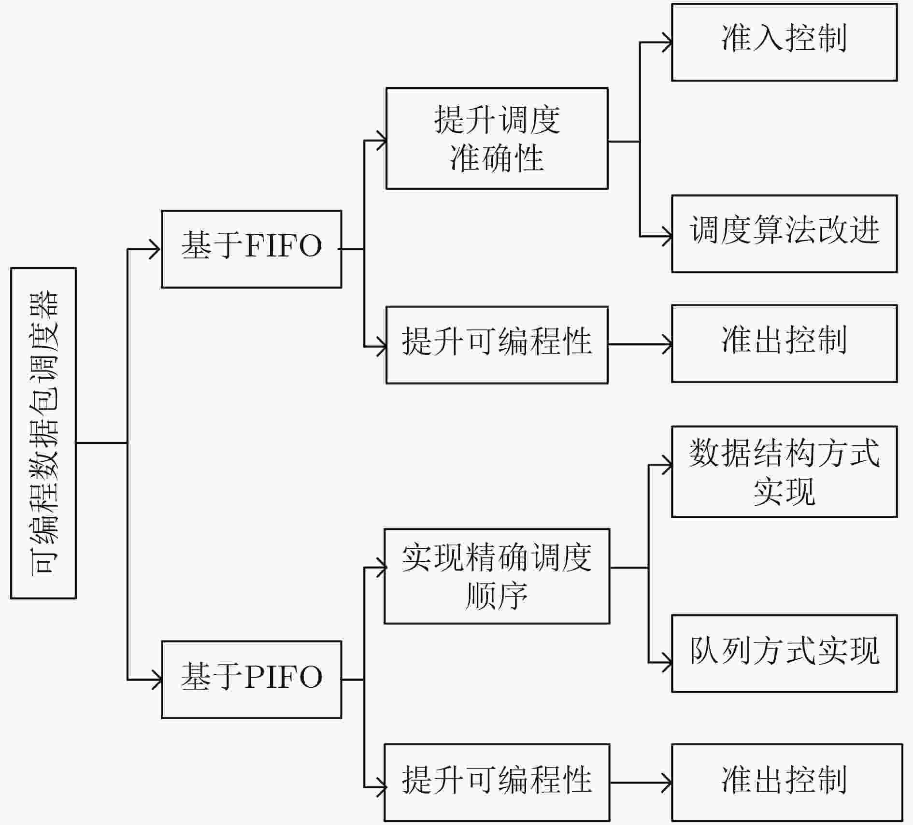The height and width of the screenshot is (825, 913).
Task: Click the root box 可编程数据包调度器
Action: [43, 433]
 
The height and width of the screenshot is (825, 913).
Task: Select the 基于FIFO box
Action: [251, 249]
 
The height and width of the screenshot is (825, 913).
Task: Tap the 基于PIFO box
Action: [251, 680]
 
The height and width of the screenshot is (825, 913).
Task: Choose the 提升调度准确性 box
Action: [497, 139]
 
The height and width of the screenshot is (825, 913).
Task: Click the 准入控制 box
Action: [784, 43]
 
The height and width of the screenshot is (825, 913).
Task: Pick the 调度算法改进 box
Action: [784, 234]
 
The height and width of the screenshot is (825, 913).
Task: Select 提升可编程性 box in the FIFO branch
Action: [497, 345]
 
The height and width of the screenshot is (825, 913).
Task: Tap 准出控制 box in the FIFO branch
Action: [784, 343]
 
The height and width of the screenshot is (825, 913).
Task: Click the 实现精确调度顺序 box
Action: [497, 576]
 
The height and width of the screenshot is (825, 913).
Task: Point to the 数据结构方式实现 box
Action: [784, 472]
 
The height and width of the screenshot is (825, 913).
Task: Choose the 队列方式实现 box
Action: [784, 654]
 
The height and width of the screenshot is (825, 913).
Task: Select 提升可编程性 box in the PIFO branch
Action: [497, 783]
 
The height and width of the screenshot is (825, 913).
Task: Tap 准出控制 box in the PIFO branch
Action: [786, 783]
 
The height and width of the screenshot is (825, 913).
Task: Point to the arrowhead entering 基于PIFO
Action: [156, 680]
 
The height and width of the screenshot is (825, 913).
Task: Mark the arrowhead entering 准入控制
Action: [667, 43]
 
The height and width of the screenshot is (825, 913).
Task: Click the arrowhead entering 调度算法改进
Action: [667, 237]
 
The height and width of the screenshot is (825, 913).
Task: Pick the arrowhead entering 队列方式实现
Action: [667, 662]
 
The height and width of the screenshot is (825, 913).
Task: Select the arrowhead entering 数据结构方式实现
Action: [667, 465]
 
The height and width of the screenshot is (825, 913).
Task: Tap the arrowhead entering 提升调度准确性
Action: [381, 141]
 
